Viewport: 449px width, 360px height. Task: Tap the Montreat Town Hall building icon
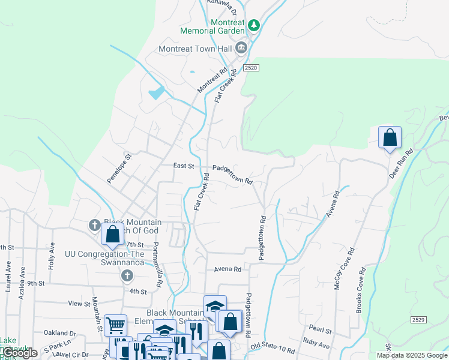tap(241, 48)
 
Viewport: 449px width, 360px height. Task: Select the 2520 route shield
tap(252, 68)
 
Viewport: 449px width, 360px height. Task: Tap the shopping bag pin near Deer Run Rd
tap(390, 137)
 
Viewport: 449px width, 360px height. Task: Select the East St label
tap(184, 166)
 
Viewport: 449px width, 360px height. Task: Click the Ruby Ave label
tap(316, 346)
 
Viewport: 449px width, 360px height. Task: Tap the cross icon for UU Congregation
tap(127, 275)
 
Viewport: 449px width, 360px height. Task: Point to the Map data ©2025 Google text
tap(411, 355)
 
